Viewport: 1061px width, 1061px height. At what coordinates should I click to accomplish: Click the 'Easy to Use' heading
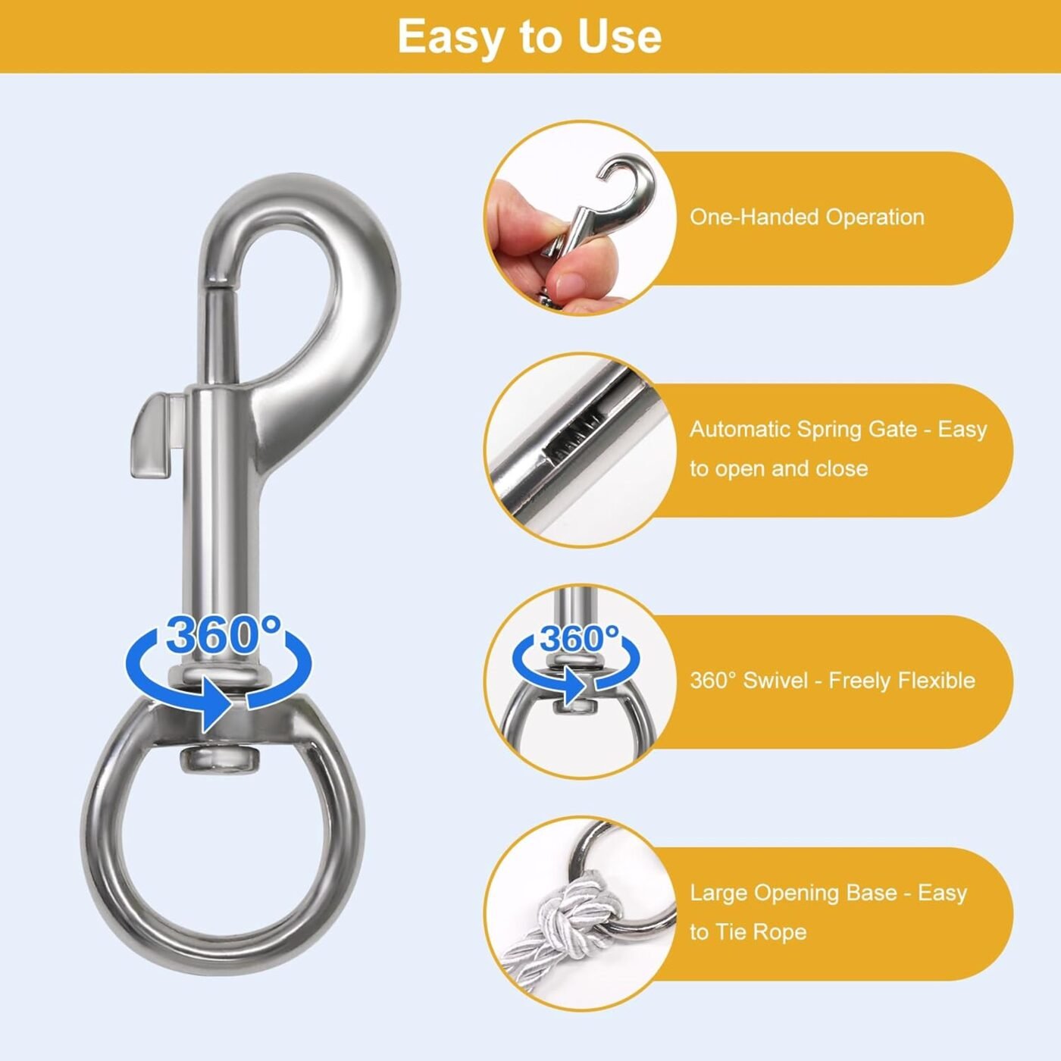(529, 37)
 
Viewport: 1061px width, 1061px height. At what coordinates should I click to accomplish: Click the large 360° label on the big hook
(224, 635)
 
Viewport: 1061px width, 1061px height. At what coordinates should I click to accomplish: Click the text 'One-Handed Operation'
(806, 217)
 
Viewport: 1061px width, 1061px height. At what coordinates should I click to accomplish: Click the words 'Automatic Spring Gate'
(803, 430)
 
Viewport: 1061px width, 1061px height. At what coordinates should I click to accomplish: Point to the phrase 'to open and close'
(778, 468)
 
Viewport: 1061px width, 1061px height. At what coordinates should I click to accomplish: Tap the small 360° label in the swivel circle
(579, 638)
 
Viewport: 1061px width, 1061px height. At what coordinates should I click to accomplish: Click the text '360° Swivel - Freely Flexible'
(832, 681)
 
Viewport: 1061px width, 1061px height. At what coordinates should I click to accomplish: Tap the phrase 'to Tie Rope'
(748, 932)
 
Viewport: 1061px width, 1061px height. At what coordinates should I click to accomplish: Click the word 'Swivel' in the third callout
(774, 681)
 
